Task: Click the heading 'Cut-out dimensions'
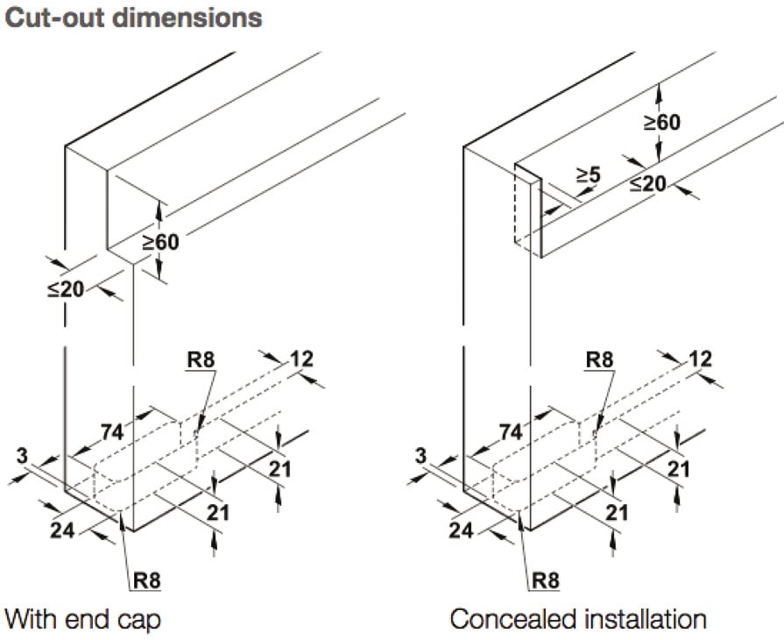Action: tap(133, 18)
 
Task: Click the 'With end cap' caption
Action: tap(82, 620)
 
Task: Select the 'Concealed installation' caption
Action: tap(578, 619)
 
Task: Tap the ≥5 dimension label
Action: tap(588, 175)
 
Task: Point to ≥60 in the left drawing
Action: tap(160, 242)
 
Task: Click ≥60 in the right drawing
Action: tap(662, 122)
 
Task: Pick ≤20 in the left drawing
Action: tap(66, 289)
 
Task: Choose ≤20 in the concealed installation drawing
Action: tap(648, 184)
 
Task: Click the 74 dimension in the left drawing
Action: tap(112, 432)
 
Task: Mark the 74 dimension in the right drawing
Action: tap(511, 432)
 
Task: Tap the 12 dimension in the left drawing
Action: tap(301, 359)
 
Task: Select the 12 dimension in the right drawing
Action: tap(700, 359)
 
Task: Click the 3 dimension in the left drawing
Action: tap(22, 456)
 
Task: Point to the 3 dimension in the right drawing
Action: tap(420, 456)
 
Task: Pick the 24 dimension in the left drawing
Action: tap(62, 530)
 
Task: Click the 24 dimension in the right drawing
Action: tap(461, 530)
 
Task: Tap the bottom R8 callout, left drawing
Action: tap(147, 580)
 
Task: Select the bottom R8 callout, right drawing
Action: tap(546, 580)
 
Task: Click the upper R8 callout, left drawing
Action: tap(201, 359)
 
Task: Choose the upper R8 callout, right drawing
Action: tap(599, 359)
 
